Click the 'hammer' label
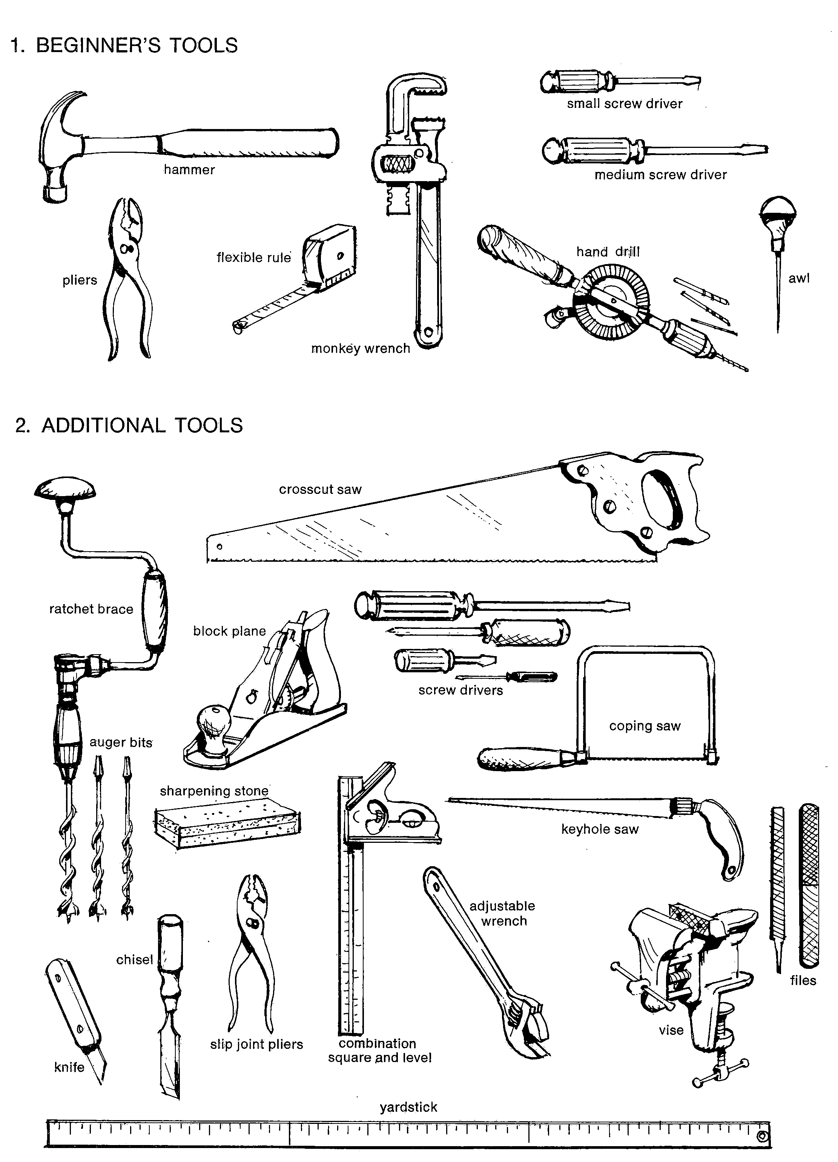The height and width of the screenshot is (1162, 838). pos(189,170)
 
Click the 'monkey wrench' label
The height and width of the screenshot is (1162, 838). pos(361,348)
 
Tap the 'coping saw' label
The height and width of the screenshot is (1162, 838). pos(645,726)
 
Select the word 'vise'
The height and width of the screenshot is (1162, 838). pos(671,1030)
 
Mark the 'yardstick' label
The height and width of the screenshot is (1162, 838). pos(408,1107)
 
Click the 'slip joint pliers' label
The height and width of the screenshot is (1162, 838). pos(256,1044)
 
